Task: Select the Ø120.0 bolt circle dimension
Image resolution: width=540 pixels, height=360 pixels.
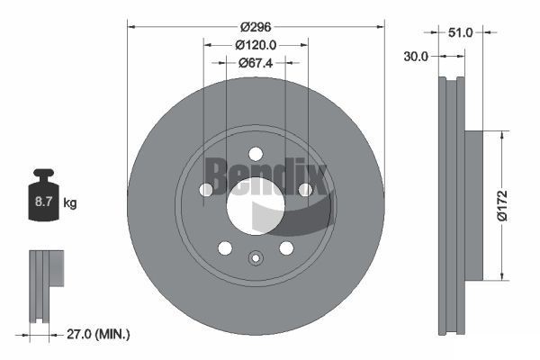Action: pos(256,44)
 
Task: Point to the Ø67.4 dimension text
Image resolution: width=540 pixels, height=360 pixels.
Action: pos(256,63)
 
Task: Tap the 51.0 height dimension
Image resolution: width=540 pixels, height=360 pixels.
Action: pos(460,32)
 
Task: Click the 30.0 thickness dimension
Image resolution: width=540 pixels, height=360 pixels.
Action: pos(415,56)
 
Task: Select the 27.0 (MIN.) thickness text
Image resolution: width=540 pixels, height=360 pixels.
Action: pos(98,334)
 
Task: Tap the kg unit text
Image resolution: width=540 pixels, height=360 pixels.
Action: pos(70,203)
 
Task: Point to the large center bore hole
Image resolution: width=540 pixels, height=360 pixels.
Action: pos(255,206)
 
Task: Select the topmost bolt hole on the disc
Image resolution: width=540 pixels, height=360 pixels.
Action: pos(256,153)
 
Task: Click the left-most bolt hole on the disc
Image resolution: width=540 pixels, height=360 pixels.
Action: pos(206,189)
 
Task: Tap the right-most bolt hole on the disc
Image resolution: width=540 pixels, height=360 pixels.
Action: pos(305,189)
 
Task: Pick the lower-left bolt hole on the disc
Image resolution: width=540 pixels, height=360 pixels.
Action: pos(225,247)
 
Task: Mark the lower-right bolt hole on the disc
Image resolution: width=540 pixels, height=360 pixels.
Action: pos(286,247)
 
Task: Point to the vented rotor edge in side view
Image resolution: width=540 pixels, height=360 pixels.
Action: pos(449,206)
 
